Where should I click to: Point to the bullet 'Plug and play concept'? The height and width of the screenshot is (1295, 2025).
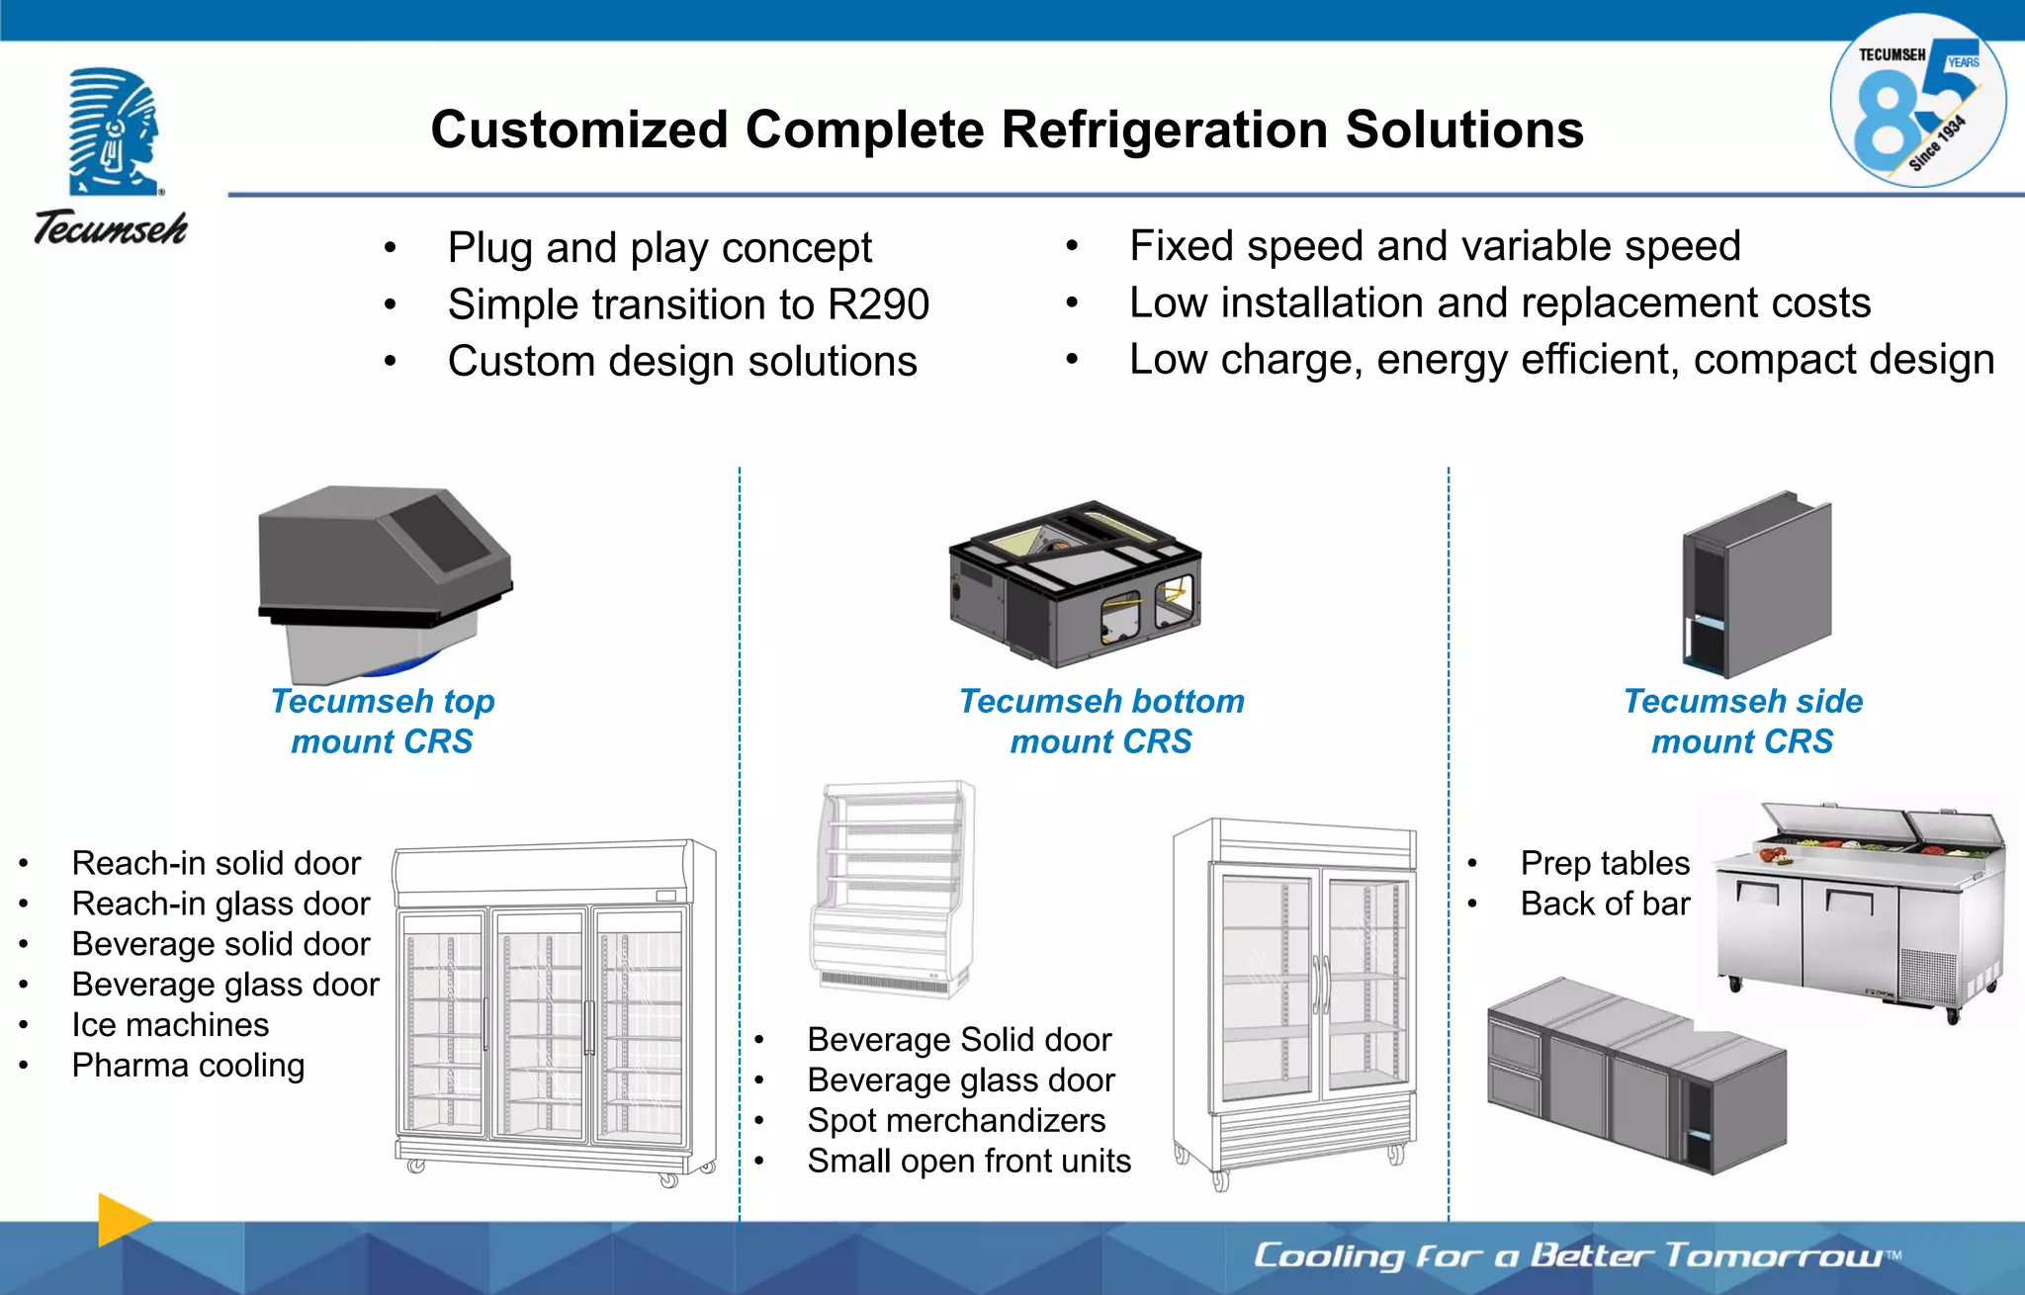coord(660,247)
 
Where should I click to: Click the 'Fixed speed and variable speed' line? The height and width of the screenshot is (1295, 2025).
coord(1434,245)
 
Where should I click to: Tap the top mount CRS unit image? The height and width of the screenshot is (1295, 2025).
coord(384,578)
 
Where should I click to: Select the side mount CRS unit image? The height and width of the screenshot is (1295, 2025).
coord(1755,583)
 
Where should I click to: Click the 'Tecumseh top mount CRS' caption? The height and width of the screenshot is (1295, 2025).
coord(383,721)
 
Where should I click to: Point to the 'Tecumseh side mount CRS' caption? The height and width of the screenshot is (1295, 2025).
coord(1742,721)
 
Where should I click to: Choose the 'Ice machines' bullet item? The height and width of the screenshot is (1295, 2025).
coord(170,1025)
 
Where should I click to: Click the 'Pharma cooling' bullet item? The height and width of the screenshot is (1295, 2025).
coord(188,1066)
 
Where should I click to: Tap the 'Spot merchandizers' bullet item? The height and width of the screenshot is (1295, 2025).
coord(955,1120)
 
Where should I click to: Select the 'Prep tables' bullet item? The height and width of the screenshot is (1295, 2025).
coord(1604,863)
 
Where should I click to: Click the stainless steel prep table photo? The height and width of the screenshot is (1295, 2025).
coord(1859,909)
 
